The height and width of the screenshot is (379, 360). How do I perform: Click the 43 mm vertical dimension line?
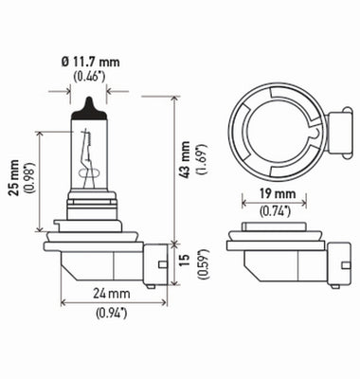point(175,171)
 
